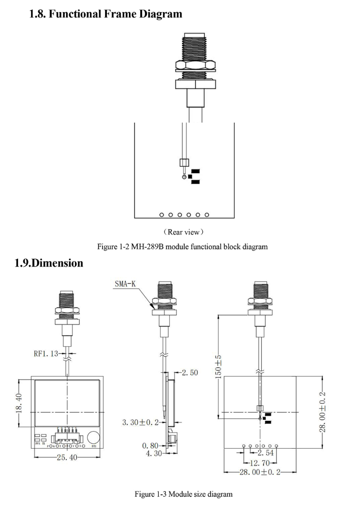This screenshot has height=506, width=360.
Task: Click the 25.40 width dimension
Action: [x=68, y=458]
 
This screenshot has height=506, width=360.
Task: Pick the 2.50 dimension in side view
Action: [x=190, y=373]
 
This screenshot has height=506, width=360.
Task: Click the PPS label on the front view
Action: [x=37, y=444]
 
